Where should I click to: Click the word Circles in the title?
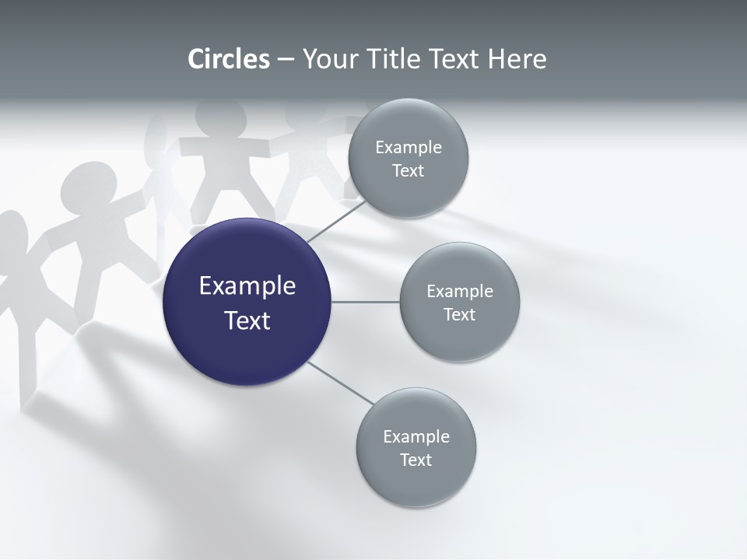pos(229,59)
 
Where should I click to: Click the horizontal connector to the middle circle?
pos(365,302)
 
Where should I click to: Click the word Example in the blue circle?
pos(247,286)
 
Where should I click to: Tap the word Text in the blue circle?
pos(247,320)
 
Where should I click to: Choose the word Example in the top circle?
pos(409,147)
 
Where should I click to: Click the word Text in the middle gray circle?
pos(459,314)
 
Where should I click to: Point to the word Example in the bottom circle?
pos(416,436)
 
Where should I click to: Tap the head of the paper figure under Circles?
pos(220,117)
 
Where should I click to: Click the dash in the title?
pos(286,59)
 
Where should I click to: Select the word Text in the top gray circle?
pos(408,170)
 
